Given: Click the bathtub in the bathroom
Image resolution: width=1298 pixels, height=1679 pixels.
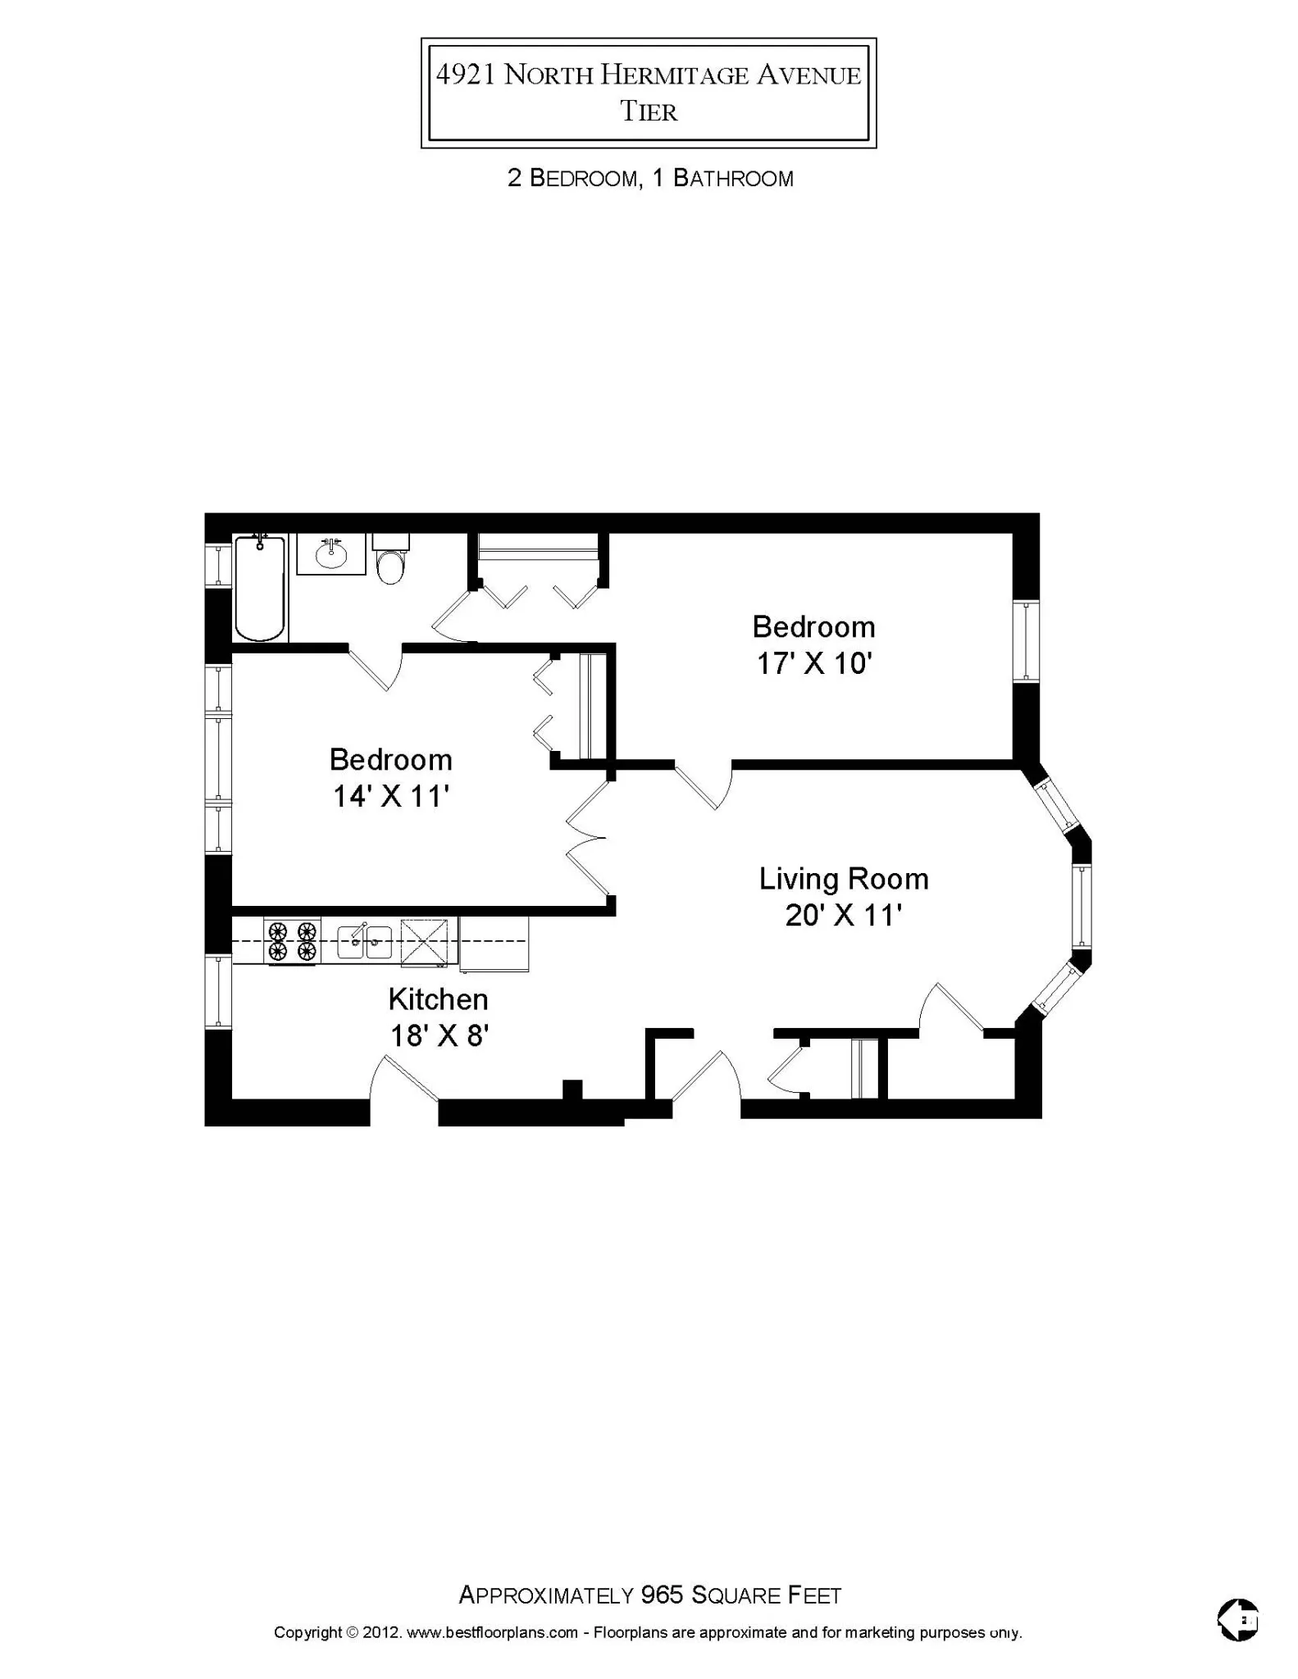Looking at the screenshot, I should point(260,588).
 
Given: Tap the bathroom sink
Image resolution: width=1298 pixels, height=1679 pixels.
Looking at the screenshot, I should point(330,555).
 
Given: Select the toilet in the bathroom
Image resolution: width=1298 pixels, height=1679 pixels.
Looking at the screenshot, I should point(391,561).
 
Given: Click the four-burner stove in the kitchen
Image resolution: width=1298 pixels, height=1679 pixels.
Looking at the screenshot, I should point(292,940).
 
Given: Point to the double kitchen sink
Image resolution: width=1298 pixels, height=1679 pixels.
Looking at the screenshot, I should point(365,940).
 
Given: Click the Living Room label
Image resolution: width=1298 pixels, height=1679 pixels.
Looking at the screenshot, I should point(843,879).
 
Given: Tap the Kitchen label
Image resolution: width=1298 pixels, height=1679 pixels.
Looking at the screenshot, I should point(438,999).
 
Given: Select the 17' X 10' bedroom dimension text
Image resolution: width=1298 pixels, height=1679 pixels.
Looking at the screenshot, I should point(813,663).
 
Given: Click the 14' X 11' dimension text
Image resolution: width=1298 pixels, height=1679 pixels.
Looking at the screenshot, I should point(390,796).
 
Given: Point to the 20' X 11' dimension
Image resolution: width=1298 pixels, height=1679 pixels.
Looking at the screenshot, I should point(843,915).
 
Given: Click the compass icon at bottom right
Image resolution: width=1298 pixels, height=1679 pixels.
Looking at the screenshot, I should point(1238,1619).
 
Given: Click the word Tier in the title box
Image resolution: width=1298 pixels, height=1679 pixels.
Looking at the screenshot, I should point(649,112).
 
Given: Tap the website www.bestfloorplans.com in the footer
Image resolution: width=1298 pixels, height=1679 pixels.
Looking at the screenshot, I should point(492,1632).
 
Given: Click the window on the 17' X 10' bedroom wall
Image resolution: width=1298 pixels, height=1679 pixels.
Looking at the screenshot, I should point(1026,641).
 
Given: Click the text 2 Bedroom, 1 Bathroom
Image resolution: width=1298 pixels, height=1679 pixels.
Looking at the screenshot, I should point(649,179).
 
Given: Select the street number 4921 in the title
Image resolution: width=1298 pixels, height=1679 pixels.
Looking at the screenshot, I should point(465,75).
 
